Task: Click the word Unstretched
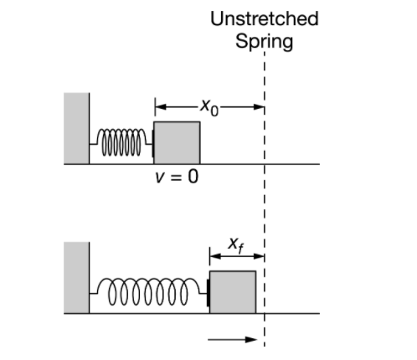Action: click(264, 19)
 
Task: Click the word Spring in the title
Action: click(264, 41)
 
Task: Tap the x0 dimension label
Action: click(208, 107)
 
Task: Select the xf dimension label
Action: click(237, 244)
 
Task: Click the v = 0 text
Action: click(176, 178)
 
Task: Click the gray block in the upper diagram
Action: click(177, 142)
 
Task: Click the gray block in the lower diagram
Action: click(233, 292)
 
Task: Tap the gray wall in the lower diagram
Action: click(76, 277)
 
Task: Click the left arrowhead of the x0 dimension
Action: click(159, 107)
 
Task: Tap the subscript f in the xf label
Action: click(243, 247)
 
